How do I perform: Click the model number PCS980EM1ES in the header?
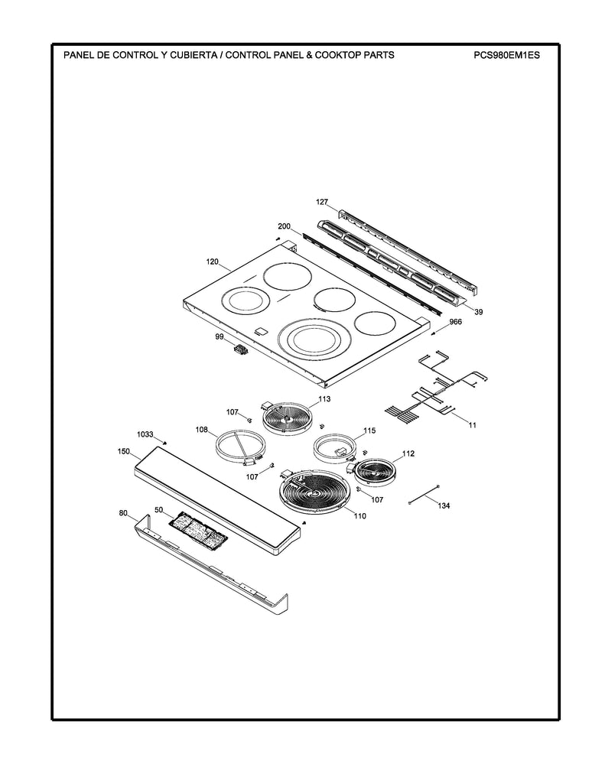tap(506, 56)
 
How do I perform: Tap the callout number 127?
tap(322, 202)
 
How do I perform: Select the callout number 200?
tap(284, 226)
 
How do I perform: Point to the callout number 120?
tap(213, 262)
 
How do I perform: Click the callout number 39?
tap(478, 312)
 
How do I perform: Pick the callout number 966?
tap(455, 322)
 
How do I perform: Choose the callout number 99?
tap(220, 336)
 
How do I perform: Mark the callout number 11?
tap(473, 424)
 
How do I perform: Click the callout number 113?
tap(324, 399)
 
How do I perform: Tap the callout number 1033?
tap(145, 434)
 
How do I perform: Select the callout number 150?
tap(123, 452)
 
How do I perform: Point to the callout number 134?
tap(444, 505)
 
